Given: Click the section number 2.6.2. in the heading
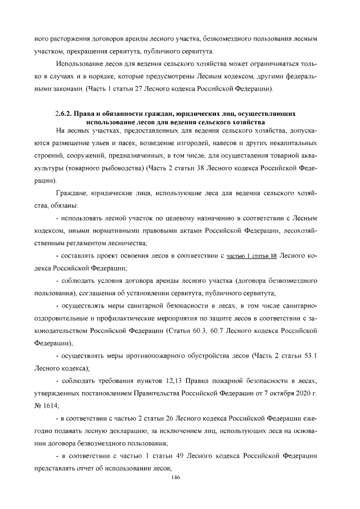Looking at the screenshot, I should pos(66,114).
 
